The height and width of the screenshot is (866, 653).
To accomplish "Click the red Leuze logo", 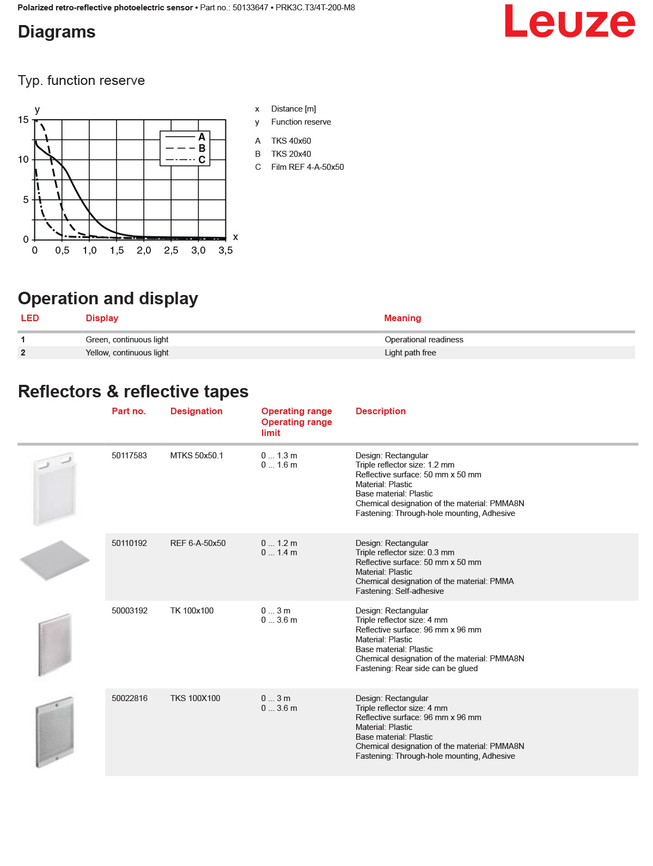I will tap(569, 22).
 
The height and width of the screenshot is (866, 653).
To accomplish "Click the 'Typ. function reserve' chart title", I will tap(81, 81).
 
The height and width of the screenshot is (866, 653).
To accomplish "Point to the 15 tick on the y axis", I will tap(23, 120).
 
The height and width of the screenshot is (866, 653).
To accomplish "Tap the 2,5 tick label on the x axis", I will tap(171, 250).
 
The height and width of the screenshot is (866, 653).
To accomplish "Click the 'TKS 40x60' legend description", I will tap(291, 141).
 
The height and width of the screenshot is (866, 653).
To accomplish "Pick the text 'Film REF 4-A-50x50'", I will tap(307, 167).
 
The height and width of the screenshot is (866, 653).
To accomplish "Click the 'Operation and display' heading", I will tap(108, 298).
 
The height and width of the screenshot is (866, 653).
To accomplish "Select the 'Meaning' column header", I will tap(402, 318).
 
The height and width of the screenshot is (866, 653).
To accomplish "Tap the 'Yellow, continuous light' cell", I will tap(127, 353).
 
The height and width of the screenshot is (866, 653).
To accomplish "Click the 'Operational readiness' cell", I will tap(424, 340).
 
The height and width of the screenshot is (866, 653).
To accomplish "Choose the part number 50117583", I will tap(129, 456).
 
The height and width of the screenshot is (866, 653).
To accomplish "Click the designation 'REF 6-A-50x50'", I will tap(198, 543).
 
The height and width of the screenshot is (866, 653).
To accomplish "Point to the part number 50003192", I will tap(130, 611).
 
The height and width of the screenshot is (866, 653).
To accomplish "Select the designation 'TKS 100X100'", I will tap(195, 698).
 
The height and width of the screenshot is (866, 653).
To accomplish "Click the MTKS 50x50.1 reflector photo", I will tap(54, 488).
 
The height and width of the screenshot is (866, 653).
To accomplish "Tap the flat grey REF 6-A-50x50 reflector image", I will tap(54, 560).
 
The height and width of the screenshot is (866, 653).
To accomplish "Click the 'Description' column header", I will tap(381, 411).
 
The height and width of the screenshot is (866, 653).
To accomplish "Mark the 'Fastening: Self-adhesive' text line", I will tap(399, 591).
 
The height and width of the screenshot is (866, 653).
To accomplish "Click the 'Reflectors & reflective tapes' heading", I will tap(133, 391).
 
